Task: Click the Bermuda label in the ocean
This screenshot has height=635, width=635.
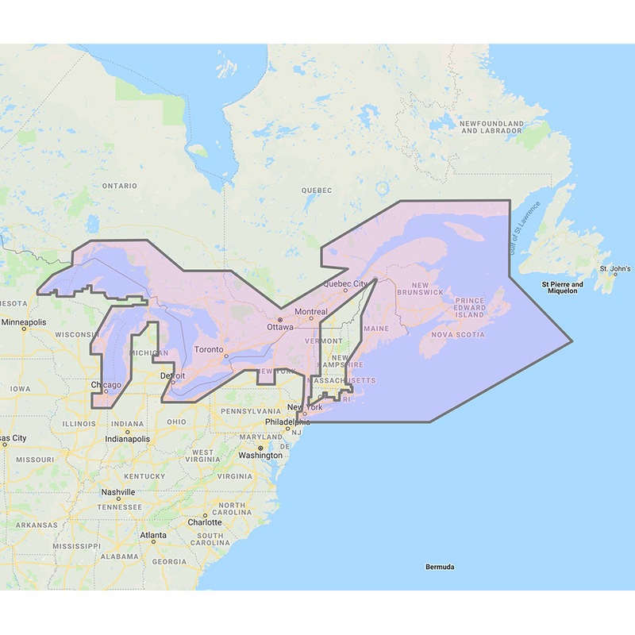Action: [439, 567]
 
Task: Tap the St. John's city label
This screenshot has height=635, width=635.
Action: [615, 269]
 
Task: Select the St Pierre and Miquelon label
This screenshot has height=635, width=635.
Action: [562, 287]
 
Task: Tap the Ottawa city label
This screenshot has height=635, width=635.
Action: [280, 326]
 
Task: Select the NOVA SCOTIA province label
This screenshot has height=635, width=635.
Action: [457, 334]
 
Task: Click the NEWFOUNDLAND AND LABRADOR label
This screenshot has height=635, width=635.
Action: [492, 127]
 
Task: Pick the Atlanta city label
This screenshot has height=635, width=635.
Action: [153, 536]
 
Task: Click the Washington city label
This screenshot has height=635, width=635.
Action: [260, 455]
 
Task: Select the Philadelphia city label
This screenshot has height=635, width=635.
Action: [284, 421]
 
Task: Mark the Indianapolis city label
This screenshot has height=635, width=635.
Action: [127, 438]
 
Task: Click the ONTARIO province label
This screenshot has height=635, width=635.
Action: [119, 186]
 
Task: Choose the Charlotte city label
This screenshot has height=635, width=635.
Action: [205, 522]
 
